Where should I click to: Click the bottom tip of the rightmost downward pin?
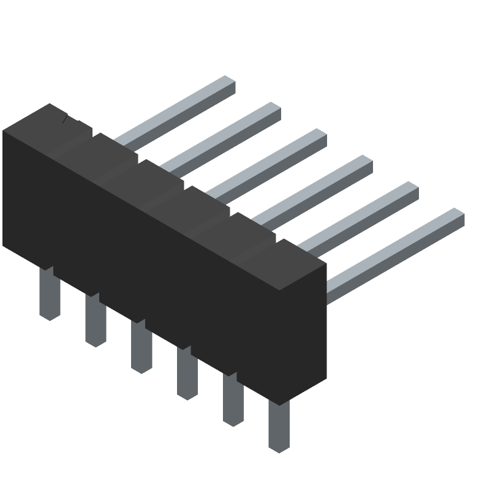coord(279,447)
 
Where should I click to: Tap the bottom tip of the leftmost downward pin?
coord(50,314)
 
